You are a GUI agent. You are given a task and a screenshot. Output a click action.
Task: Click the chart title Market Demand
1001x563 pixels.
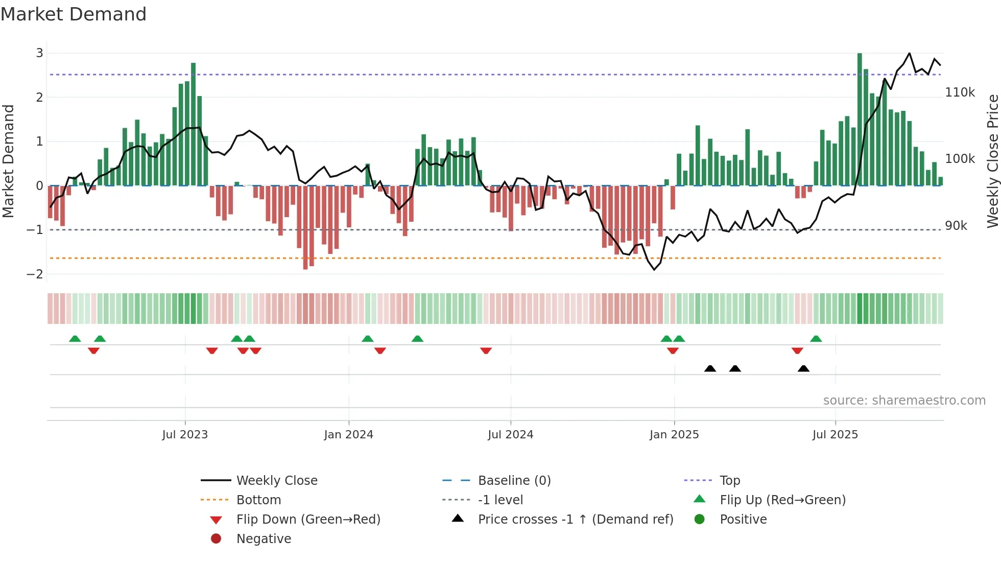(x=74, y=14)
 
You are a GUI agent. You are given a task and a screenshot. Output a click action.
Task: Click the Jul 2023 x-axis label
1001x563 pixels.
(x=185, y=435)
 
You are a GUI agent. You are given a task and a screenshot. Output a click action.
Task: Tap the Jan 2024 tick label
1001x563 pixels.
(x=348, y=435)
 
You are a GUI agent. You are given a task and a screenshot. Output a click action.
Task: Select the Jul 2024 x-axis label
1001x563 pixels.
(x=510, y=435)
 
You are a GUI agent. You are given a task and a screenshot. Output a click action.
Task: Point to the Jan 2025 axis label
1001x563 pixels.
(x=674, y=435)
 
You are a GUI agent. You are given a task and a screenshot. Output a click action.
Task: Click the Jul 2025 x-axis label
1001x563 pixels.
(x=835, y=435)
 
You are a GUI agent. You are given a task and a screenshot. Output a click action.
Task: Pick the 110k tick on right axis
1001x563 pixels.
(x=960, y=92)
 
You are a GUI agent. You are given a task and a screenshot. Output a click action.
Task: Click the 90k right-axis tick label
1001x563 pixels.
(x=956, y=226)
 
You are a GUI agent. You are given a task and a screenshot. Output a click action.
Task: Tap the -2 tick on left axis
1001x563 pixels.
(x=35, y=274)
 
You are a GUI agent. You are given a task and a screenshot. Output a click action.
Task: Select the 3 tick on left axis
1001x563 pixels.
(x=39, y=53)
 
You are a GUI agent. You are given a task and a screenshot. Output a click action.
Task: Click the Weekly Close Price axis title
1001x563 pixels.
(x=992, y=161)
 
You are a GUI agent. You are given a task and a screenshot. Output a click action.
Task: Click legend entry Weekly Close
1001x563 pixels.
(x=276, y=481)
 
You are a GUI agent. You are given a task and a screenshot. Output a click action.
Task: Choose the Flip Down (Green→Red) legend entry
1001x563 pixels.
(x=308, y=520)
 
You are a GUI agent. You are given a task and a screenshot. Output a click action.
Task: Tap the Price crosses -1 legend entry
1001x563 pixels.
(x=575, y=520)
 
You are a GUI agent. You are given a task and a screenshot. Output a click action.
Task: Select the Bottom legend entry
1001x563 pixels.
(x=258, y=500)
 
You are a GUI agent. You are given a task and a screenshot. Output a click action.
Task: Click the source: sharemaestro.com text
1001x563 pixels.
(x=904, y=401)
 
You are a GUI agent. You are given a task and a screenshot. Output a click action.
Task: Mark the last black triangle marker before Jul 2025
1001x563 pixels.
(x=803, y=369)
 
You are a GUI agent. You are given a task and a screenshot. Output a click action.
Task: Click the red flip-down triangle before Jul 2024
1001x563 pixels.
(x=486, y=350)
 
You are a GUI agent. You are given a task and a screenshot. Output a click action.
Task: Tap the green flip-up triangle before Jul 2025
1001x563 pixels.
(x=816, y=339)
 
